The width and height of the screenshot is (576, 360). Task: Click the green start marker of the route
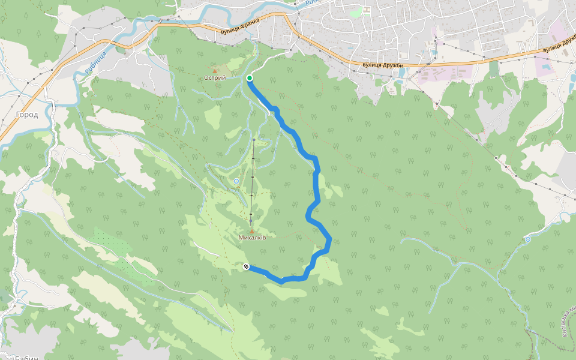click(250, 78)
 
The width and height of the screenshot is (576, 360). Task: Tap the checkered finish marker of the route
click(246, 266)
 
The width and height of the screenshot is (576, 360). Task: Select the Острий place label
click(214, 78)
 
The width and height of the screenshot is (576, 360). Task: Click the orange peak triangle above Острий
click(214, 71)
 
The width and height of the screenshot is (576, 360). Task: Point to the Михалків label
click(252, 238)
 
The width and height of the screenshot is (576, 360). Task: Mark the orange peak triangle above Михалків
click(252, 231)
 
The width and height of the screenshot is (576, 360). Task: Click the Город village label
click(27, 115)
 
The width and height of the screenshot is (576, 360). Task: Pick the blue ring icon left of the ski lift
click(236, 181)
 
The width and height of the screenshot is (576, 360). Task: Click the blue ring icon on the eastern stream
click(527, 239)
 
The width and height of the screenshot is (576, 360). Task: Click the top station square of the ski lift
click(254, 140)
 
